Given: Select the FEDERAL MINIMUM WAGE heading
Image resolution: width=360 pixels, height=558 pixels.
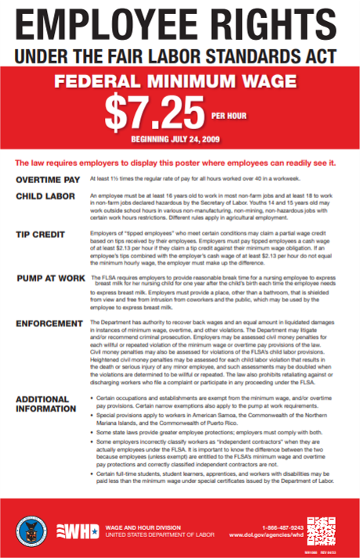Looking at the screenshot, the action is pyautogui.click(x=178, y=82).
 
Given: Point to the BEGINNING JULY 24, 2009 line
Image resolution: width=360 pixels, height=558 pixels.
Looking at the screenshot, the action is pyautogui.click(x=178, y=139).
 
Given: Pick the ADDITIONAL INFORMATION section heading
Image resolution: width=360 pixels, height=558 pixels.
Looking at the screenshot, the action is pyautogui.click(x=48, y=403).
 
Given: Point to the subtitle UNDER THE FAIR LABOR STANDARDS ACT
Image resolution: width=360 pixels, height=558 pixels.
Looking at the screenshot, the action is pyautogui.click(x=178, y=56).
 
